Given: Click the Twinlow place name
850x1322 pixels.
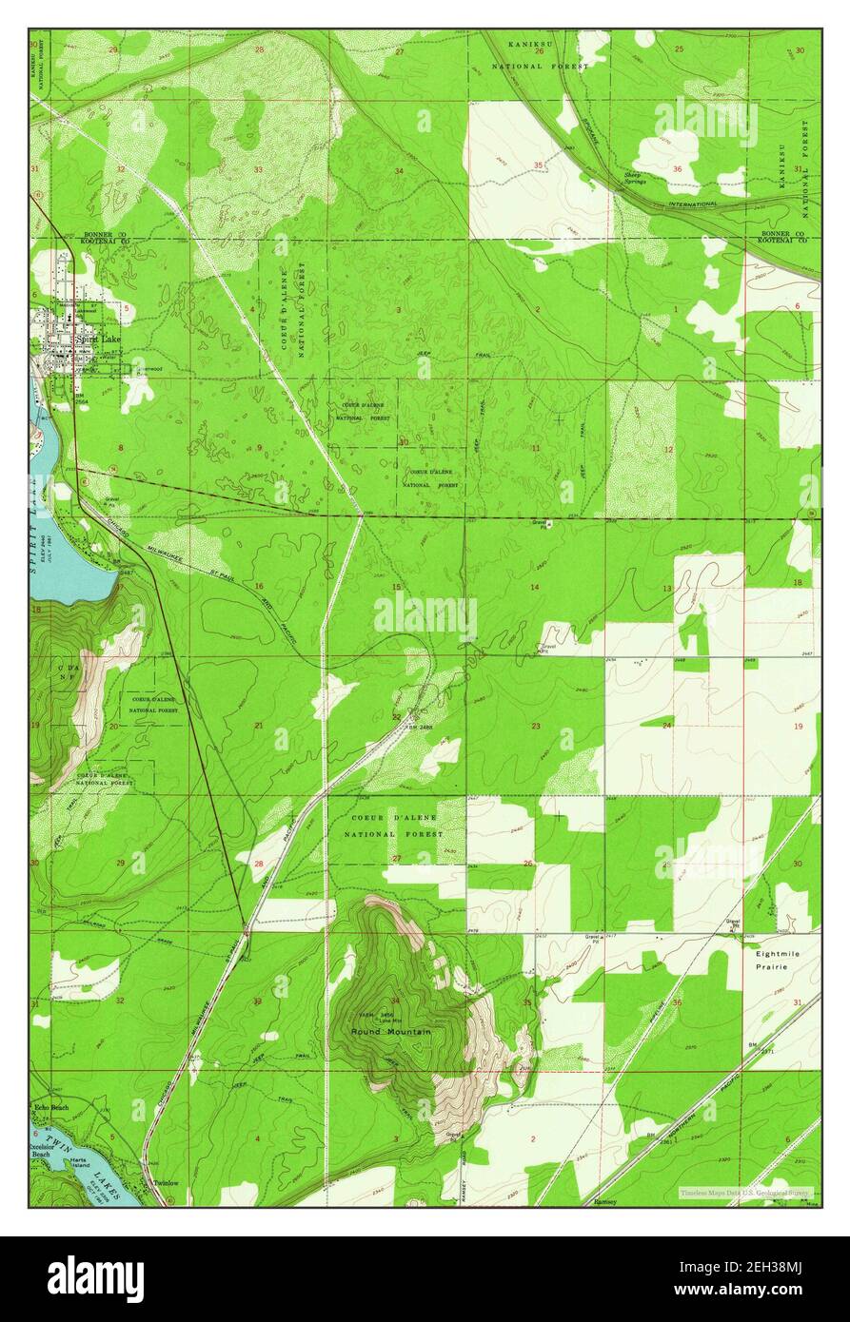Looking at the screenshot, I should tap(167, 1184).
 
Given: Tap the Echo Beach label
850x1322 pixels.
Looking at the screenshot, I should tap(51, 1108).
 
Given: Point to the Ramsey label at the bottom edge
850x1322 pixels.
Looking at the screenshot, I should tap(605, 1201).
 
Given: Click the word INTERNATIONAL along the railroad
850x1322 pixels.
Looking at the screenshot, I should tap(692, 204).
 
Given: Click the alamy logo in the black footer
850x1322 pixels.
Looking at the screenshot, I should tap(95, 1279).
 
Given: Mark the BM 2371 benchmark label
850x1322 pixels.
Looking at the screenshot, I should tap(758, 1047).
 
